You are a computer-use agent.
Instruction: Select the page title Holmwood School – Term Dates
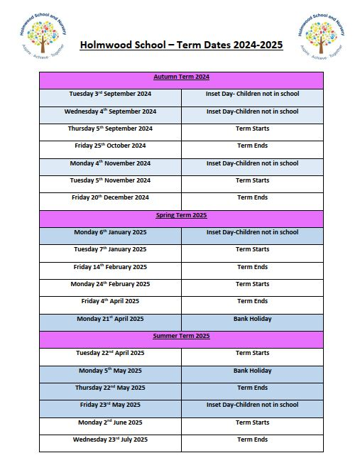181,45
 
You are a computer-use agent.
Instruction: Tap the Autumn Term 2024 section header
181,77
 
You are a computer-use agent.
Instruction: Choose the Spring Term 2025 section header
181,215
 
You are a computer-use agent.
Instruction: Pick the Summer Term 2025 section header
181,336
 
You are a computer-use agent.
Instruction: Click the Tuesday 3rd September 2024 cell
110,94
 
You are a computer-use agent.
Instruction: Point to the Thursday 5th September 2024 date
110,129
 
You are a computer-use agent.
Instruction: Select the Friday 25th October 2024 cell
110,146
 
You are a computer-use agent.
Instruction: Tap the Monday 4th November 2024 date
110,163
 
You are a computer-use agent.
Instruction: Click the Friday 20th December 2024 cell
110,197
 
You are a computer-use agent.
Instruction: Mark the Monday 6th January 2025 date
110,232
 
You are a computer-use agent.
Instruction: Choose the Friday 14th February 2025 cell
110,267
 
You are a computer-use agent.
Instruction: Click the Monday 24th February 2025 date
110,284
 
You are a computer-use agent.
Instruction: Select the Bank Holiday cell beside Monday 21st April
252,319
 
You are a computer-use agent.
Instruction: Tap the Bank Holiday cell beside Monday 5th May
252,371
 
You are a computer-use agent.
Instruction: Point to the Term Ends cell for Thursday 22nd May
252,388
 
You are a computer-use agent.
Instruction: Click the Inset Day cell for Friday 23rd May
252,405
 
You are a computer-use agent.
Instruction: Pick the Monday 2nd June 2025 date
110,422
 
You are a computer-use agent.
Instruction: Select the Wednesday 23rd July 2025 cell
110,439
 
